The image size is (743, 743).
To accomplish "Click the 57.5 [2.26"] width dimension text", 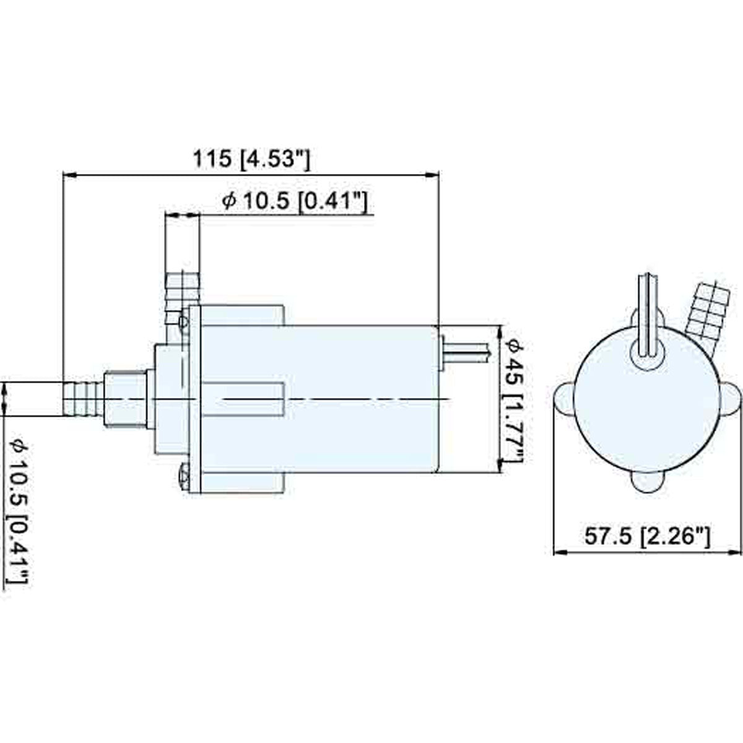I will (647, 535).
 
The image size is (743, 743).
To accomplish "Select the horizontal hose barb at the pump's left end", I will (83, 399).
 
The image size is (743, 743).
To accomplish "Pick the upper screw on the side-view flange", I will (182, 321).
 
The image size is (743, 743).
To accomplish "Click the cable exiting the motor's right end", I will (468, 351).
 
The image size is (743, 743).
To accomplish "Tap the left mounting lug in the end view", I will (564, 399).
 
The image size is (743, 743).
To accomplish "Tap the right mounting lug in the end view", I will (731, 399).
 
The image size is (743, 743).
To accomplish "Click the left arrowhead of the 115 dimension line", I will (70, 175).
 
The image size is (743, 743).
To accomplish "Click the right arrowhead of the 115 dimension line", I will (433, 175).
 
